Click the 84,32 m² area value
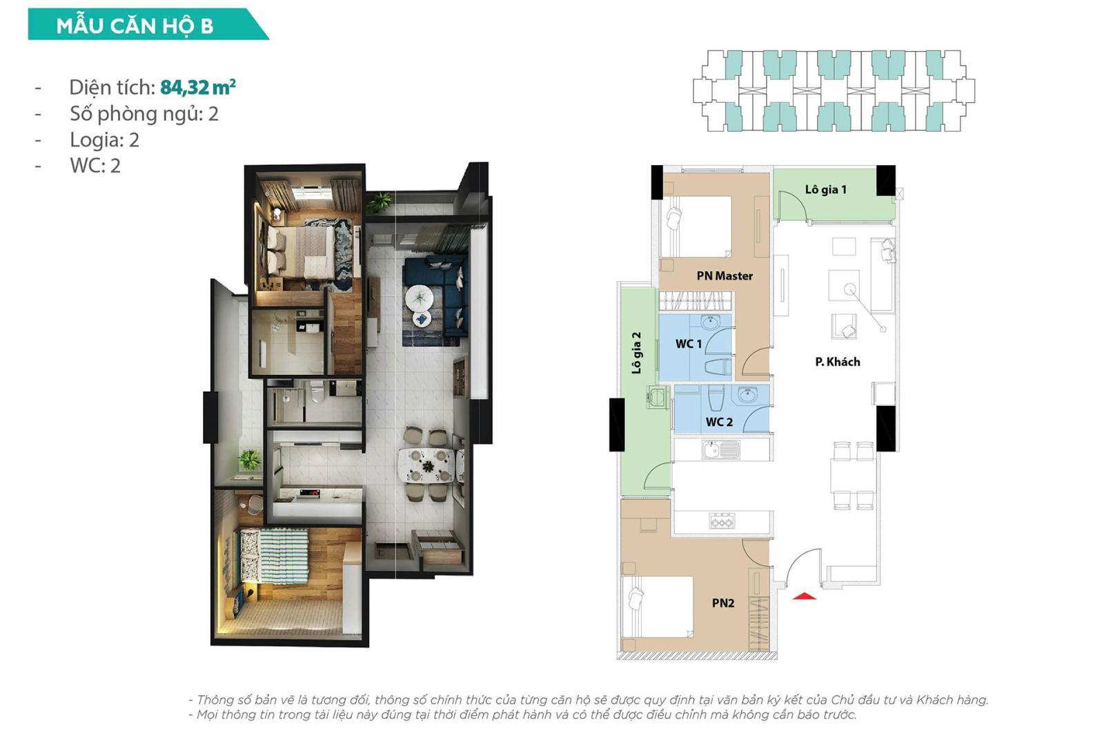click(197, 87)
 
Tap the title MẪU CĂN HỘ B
click(135, 26)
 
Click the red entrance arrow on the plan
click(804, 595)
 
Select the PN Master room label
click(724, 275)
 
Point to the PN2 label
click(722, 603)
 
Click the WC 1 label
click(688, 343)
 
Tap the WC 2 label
click(719, 422)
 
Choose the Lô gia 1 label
click(825, 189)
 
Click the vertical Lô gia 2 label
click(636, 353)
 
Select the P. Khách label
click(837, 361)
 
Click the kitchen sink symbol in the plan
click(720, 450)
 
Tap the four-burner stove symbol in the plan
click(722, 521)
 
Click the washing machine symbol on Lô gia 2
click(658, 397)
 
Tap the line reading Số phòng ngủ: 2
click(144, 113)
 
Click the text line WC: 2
click(95, 166)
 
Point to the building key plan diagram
click(834, 90)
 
